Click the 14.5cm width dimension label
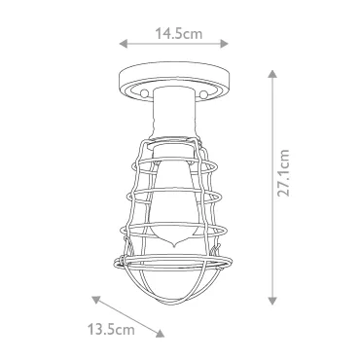[178, 33]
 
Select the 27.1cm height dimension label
[283, 173]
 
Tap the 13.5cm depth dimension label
[111, 330]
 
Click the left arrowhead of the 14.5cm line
[123, 44]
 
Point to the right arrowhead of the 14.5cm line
[225, 44]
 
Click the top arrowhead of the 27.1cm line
[272, 74]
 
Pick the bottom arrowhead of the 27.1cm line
[272, 301]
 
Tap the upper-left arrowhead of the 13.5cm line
[95, 300]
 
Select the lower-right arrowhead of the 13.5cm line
[161, 334]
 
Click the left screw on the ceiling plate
[144, 93]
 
